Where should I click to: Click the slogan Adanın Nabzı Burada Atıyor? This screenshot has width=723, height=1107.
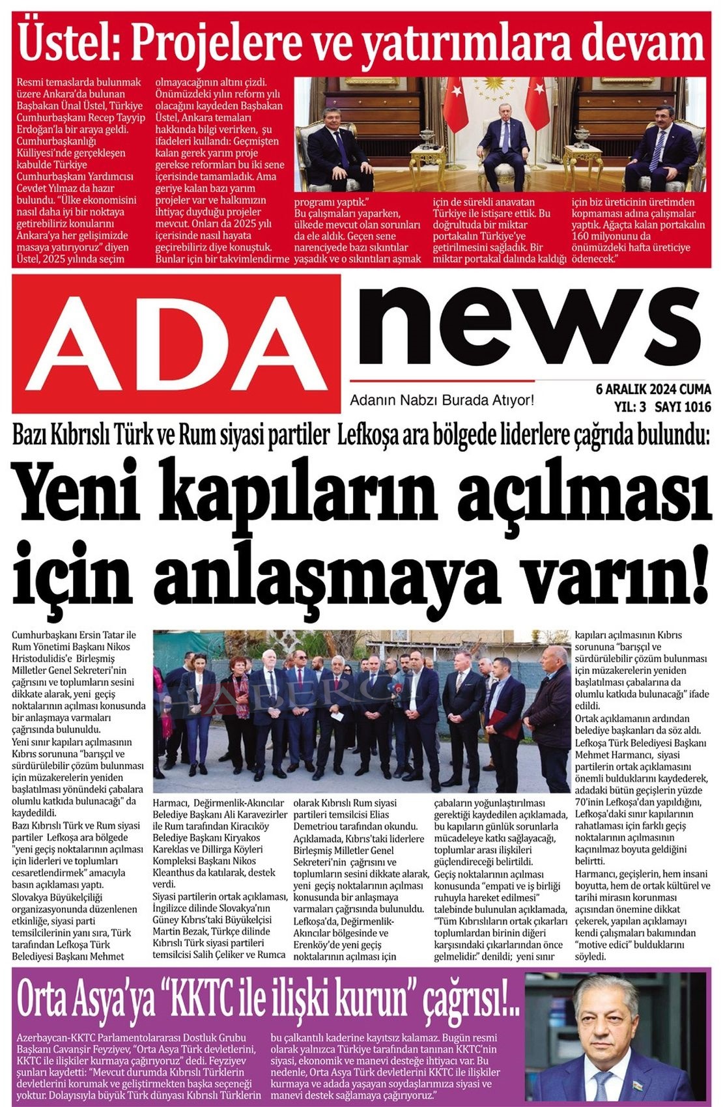(x=442, y=400)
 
